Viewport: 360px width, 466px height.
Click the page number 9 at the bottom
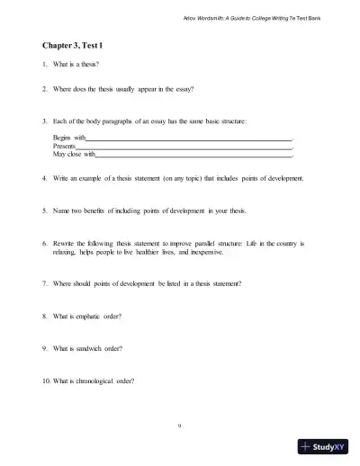click(180, 423)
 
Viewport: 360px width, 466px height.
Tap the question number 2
click(45, 89)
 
